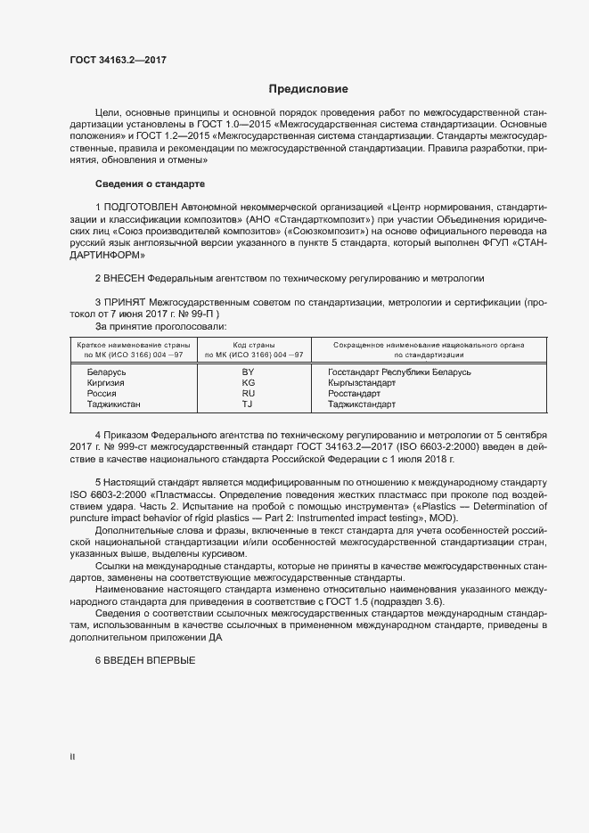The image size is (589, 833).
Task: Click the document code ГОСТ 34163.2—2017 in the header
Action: tap(118, 61)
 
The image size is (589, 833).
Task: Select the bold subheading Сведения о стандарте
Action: tap(150, 184)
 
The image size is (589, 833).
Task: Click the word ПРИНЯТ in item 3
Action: tap(126, 303)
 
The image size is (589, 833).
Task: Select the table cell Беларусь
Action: tap(107, 372)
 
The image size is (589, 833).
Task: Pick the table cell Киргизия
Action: tap(105, 382)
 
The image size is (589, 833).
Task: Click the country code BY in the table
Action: tap(249, 372)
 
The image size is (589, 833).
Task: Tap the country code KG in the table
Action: tap(249, 382)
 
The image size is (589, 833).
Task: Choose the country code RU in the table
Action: tap(249, 393)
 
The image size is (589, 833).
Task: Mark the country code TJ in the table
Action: tap(249, 404)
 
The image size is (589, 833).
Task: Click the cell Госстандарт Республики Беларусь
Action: tap(399, 372)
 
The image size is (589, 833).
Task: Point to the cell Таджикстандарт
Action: tap(361, 404)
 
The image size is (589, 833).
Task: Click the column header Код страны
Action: tap(253, 345)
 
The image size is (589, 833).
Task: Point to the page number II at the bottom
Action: tap(72, 757)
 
